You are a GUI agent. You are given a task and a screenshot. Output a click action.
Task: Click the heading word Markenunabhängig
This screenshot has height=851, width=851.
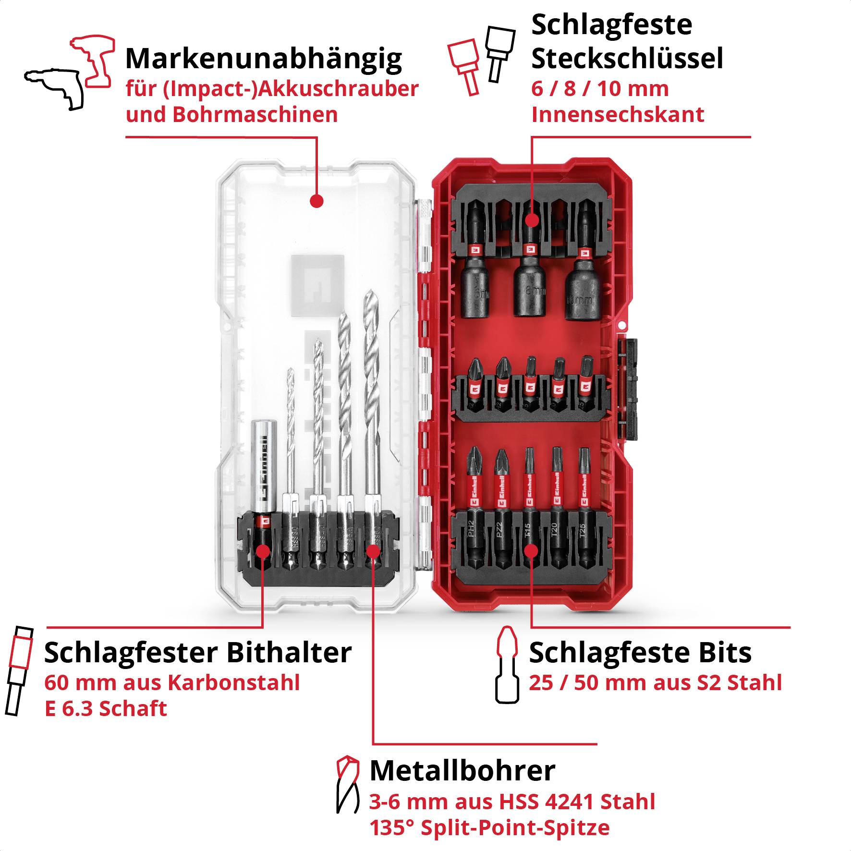[263, 59]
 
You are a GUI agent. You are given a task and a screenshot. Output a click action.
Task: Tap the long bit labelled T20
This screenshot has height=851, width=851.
[556, 509]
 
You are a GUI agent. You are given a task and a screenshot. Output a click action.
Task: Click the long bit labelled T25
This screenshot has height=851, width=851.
[583, 509]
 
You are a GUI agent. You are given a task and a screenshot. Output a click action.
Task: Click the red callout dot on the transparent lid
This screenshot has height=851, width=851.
[316, 201]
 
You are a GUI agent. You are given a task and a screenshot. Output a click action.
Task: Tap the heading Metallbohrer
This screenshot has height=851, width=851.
[462, 771]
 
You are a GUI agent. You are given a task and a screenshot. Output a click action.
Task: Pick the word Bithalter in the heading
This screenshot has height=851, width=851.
[289, 653]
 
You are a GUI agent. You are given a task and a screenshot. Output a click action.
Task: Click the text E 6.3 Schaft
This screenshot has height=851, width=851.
[106, 708]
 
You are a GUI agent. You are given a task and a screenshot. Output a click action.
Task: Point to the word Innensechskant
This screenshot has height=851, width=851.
[618, 115]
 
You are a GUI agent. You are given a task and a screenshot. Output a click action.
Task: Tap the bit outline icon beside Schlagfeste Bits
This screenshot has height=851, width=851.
[507, 665]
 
